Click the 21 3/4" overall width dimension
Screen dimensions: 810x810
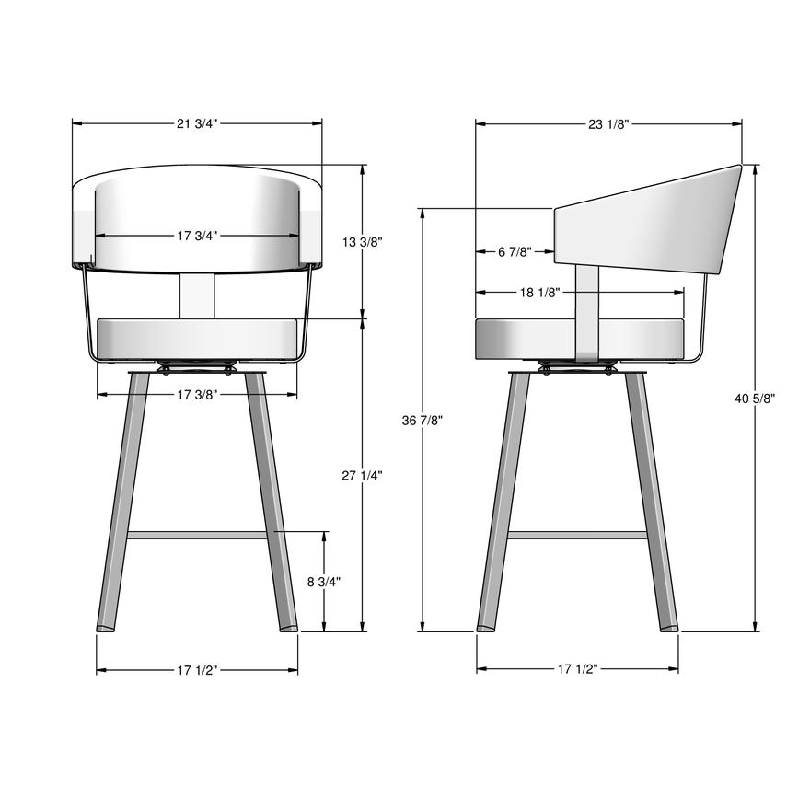197,123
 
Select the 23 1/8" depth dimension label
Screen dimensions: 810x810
607,123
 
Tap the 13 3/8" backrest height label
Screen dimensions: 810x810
362,242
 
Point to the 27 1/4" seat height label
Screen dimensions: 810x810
362,475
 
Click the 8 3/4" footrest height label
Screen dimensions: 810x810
324,582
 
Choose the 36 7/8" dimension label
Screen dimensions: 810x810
422,420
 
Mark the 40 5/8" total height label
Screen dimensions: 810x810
755,399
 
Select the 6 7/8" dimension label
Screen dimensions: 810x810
515,251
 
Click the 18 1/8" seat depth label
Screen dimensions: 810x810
539,293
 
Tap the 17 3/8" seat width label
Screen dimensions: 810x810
197,395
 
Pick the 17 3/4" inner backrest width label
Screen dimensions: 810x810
197,236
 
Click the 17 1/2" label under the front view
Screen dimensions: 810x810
197,670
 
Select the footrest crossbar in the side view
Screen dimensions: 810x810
577,534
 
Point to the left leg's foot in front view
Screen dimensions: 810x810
108,627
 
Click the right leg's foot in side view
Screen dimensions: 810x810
668,627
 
